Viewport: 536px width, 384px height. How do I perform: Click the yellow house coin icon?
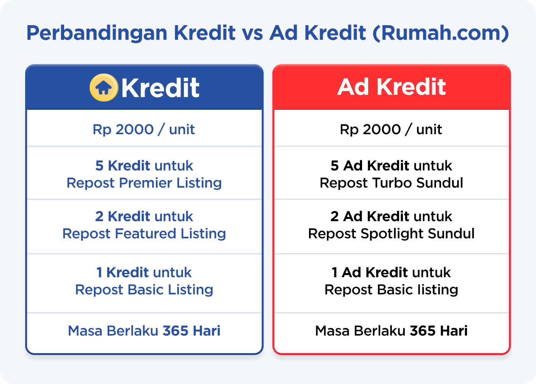click(103, 87)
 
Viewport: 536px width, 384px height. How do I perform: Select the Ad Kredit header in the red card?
click(391, 87)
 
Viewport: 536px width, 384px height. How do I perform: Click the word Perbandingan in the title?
click(97, 33)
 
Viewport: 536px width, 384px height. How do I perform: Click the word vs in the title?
click(252, 33)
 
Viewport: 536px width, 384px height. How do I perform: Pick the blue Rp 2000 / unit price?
click(144, 129)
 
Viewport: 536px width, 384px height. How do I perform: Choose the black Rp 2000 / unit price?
click(391, 129)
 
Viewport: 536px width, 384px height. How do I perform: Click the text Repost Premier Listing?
click(144, 183)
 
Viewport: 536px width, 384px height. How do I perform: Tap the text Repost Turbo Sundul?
click(391, 183)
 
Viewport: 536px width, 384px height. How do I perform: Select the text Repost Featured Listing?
click(144, 233)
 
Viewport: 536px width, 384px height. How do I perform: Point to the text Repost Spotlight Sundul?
click(391, 233)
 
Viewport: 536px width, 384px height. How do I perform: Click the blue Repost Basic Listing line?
click(144, 290)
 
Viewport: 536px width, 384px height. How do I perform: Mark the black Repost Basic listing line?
click(391, 290)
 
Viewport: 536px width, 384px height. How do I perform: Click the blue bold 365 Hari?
click(192, 331)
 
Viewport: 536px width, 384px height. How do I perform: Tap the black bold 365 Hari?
click(439, 331)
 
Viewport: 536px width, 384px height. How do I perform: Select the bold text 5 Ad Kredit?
click(370, 166)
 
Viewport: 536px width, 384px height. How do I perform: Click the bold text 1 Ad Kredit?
click(370, 273)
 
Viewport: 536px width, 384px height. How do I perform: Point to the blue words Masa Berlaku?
click(113, 331)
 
